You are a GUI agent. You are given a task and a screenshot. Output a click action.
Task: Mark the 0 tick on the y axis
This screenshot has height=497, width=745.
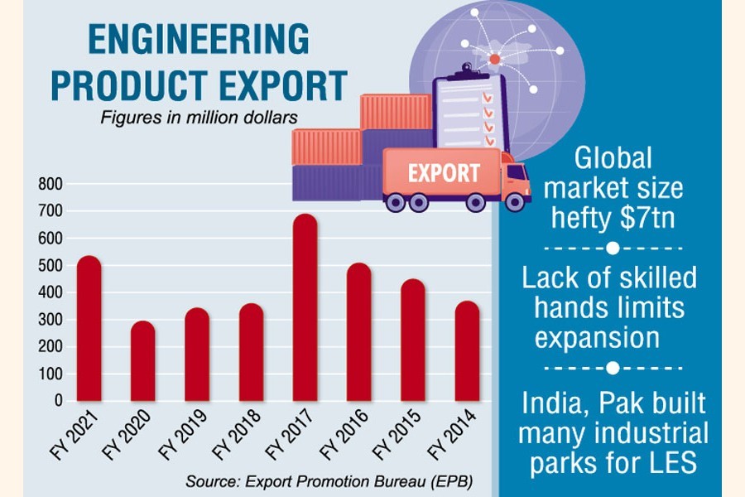point(58,400)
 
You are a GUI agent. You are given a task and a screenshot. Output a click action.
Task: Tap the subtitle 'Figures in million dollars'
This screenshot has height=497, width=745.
point(199,118)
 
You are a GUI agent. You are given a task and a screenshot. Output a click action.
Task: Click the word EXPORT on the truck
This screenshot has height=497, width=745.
point(443,174)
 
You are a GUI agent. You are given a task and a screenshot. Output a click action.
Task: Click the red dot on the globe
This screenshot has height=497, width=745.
point(494,59)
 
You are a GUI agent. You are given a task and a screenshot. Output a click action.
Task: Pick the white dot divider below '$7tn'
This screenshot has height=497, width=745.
point(613,248)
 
